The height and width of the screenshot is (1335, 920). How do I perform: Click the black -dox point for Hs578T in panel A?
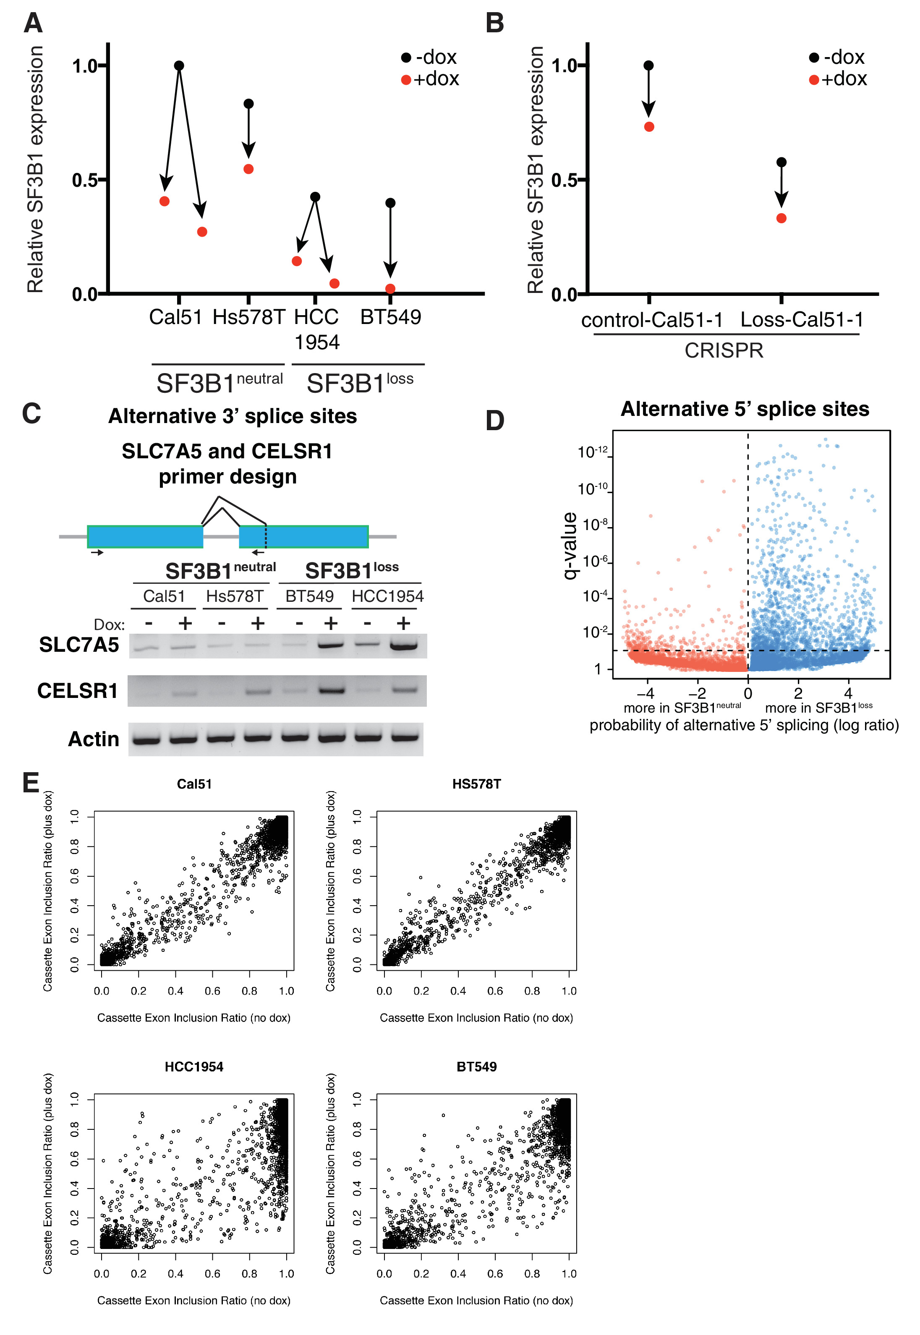click(248, 104)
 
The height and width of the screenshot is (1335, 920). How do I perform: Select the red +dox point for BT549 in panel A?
click(390, 289)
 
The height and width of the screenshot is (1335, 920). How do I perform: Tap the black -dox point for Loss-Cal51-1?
click(781, 162)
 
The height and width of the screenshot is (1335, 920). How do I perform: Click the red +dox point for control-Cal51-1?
click(649, 127)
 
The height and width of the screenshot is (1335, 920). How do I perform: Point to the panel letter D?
click(494, 421)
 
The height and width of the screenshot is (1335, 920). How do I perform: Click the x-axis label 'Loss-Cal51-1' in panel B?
click(801, 319)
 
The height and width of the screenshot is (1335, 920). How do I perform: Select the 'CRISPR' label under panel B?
click(724, 350)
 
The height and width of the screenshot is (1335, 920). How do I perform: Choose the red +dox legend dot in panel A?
click(406, 80)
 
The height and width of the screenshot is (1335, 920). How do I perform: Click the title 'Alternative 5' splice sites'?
click(745, 409)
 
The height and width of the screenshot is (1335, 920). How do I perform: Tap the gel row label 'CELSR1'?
click(77, 690)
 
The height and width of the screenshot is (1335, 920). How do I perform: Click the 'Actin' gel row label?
click(93, 739)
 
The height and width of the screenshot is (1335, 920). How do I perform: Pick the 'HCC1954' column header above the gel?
click(387, 596)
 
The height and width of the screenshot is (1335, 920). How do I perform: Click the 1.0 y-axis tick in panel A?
click(84, 66)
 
